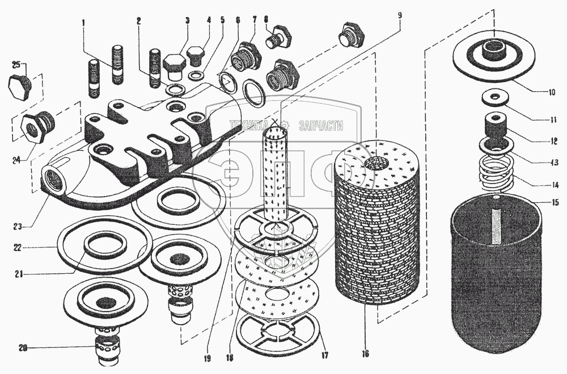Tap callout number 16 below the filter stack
366,354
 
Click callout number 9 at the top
400,16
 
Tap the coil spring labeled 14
498,171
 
